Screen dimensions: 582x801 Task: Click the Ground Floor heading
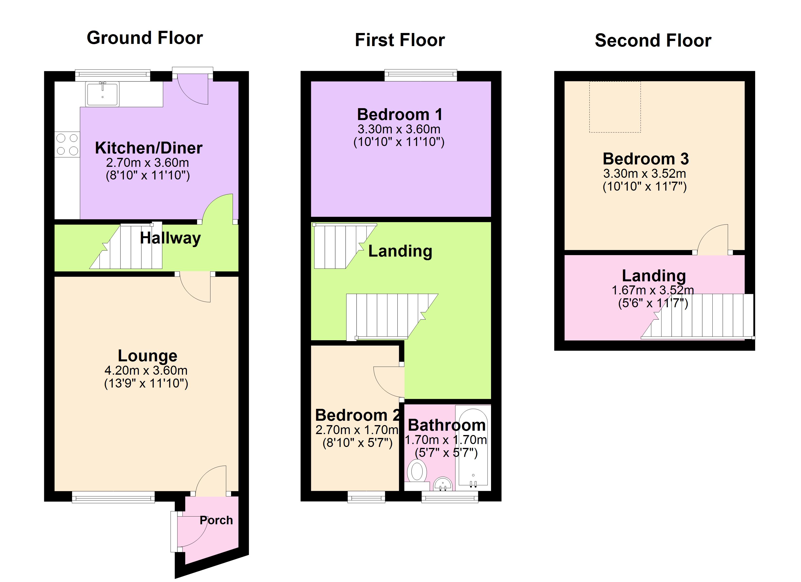(145, 38)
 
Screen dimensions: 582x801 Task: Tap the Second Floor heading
(653, 40)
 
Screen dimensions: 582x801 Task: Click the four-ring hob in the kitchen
(67, 144)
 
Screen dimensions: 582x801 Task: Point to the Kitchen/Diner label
(149, 148)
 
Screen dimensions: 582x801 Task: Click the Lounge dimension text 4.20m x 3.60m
(146, 370)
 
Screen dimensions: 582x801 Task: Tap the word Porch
(216, 520)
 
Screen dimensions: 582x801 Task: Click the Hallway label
(170, 238)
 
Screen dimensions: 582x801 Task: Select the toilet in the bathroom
(417, 473)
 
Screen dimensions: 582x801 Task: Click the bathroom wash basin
(442, 484)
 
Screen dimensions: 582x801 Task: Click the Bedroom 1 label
(400, 114)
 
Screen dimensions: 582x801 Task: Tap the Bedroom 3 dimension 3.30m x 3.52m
(644, 173)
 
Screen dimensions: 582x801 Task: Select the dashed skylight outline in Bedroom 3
(615, 107)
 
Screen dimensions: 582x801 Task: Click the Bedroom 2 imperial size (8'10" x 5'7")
(357, 443)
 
